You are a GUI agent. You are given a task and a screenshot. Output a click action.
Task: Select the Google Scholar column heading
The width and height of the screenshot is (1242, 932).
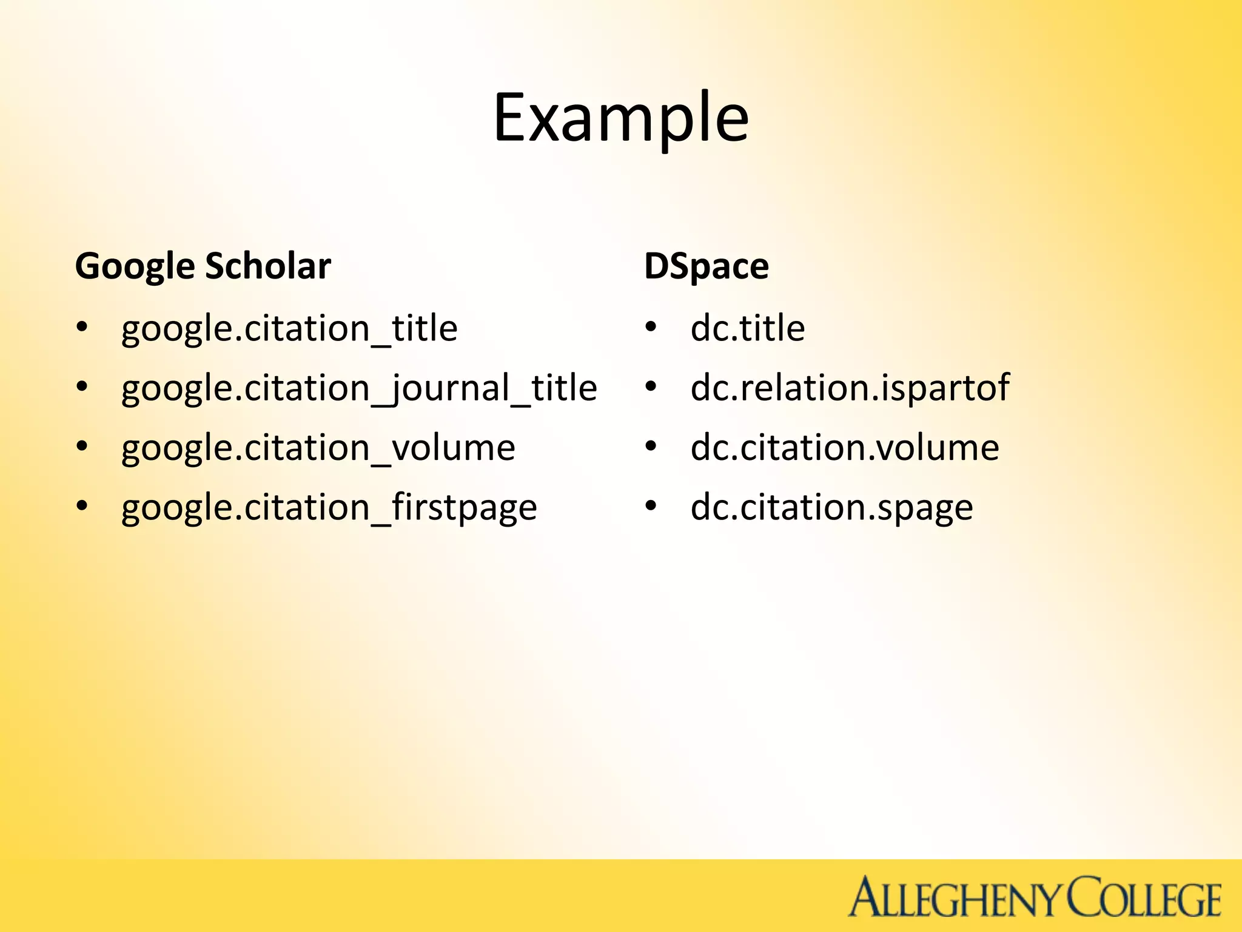click(203, 266)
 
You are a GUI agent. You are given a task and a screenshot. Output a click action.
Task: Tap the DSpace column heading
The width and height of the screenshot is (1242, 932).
click(707, 266)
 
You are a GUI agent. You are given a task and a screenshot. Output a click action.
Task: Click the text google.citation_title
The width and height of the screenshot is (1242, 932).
click(289, 329)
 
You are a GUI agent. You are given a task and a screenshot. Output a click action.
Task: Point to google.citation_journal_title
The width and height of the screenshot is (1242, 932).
click(359, 388)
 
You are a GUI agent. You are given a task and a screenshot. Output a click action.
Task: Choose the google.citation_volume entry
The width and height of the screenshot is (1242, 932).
click(318, 448)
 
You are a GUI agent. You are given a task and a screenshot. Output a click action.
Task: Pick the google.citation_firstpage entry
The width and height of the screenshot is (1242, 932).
click(329, 507)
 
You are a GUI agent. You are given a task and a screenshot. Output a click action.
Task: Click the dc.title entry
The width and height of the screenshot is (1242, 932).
click(748, 329)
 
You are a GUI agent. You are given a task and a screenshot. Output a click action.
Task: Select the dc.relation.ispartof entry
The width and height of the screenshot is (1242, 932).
click(850, 388)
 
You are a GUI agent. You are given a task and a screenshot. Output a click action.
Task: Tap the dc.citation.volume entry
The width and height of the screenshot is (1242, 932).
click(845, 448)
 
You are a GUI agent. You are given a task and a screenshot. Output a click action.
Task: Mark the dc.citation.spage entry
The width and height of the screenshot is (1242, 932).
click(831, 507)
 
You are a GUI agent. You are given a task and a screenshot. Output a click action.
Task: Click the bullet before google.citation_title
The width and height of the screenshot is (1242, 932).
click(82, 328)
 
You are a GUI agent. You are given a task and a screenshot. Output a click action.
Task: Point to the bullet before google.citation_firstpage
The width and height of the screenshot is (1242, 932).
click(82, 505)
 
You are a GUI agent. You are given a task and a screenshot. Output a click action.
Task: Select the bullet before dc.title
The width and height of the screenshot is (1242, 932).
click(651, 328)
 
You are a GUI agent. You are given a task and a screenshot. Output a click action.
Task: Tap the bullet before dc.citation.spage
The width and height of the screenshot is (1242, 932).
click(651, 505)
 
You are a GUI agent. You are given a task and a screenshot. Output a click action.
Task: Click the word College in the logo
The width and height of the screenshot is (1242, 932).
click(1144, 898)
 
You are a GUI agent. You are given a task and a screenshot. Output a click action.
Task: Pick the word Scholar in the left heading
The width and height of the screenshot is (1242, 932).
click(268, 266)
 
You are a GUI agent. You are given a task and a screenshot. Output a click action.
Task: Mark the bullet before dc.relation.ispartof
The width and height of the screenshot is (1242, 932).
click(651, 387)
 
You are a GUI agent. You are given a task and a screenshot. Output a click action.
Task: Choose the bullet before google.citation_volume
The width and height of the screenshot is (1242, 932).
click(82, 446)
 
